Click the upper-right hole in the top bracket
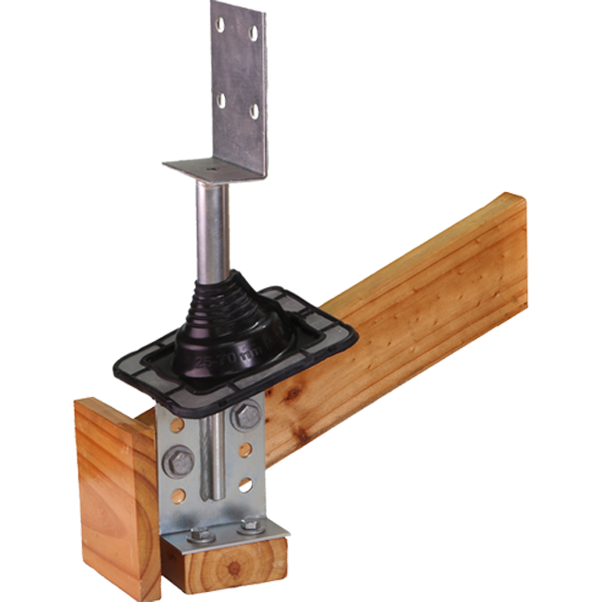[253, 34]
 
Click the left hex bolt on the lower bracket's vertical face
[179, 461]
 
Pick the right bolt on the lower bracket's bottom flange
[250, 526]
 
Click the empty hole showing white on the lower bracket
[244, 485]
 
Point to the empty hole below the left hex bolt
[179, 497]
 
